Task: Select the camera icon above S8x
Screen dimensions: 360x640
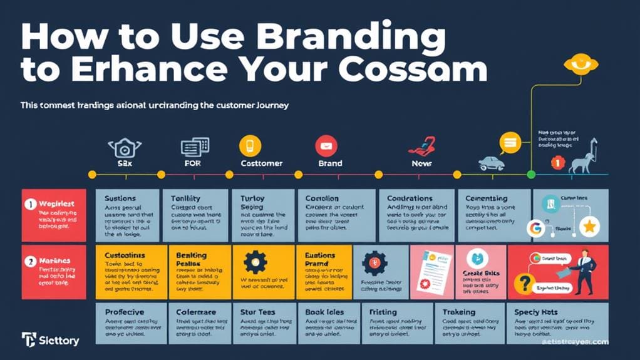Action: [x=121, y=148]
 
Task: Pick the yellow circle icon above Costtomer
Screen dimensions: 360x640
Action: [x=249, y=146]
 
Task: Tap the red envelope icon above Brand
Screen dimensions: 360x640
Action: [x=326, y=147]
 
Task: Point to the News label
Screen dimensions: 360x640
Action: [x=421, y=163]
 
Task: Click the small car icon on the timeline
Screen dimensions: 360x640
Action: [x=491, y=164]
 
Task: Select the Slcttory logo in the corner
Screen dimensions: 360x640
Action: [x=50, y=341]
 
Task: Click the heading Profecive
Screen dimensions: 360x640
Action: [x=124, y=312]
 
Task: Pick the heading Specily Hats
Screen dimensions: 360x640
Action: [x=535, y=312]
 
